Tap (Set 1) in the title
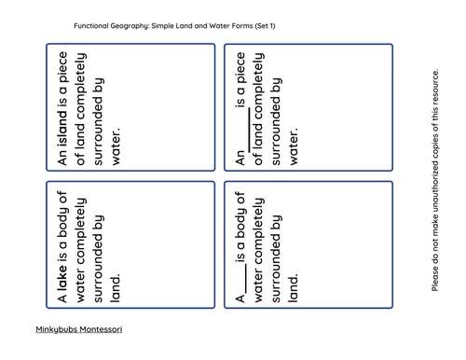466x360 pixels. coord(277,25)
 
